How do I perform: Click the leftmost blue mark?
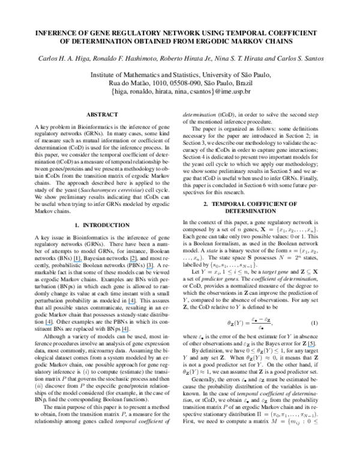49,325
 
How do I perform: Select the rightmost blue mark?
311,347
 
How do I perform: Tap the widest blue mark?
78,262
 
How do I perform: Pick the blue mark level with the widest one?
133,262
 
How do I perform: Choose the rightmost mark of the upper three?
149,269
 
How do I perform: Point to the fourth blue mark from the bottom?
131,304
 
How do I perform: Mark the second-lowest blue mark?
124,332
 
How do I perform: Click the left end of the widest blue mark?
73,262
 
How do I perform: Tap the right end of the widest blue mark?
83,262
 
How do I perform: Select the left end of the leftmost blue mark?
45,325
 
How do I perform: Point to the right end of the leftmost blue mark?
52,325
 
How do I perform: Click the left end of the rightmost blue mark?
307,347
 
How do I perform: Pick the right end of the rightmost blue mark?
314,347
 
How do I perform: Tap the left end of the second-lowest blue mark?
121,332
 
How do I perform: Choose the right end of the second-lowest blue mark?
128,332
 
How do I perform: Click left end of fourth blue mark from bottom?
128,304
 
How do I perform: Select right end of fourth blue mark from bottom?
136,304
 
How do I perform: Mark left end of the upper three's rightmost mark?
145,269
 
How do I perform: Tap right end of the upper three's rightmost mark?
154,269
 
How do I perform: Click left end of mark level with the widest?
129,262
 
